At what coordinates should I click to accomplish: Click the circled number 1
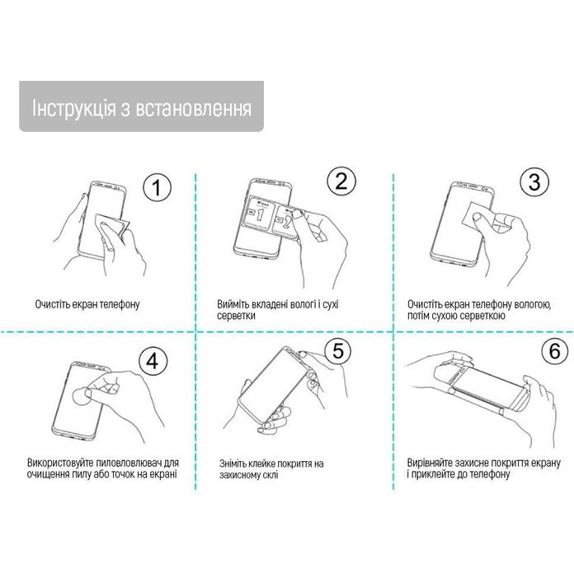coord(157,189)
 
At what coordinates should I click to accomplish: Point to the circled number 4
coord(153,360)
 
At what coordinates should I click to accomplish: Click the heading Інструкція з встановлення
coord(141,107)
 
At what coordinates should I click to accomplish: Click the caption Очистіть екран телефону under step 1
coord(87,304)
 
